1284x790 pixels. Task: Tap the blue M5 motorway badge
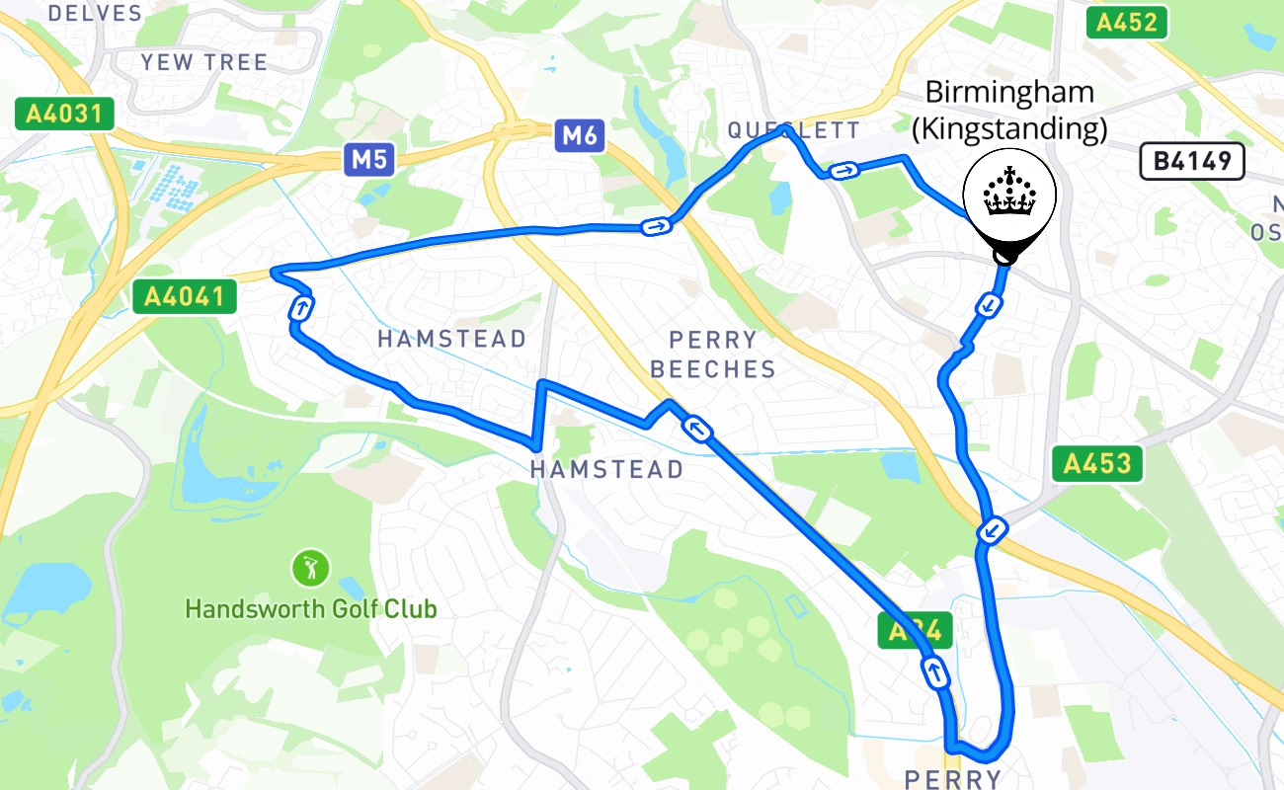[369, 159]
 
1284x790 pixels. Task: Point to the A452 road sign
[1127, 23]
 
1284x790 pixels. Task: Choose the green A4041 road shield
[185, 295]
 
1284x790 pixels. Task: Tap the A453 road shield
[1097, 463]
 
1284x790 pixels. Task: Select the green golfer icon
[310, 568]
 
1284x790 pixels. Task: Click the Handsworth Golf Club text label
[310, 608]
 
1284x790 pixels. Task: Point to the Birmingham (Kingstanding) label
[1008, 111]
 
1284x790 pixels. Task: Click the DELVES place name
[95, 13]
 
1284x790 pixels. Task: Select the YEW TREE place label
[203, 62]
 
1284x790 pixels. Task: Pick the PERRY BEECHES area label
[713, 354]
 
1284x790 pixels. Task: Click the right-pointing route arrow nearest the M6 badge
[656, 227]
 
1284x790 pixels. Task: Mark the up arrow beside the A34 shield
[934, 672]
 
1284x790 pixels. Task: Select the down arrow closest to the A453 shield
[992, 532]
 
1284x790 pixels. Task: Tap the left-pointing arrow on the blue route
[697, 429]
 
